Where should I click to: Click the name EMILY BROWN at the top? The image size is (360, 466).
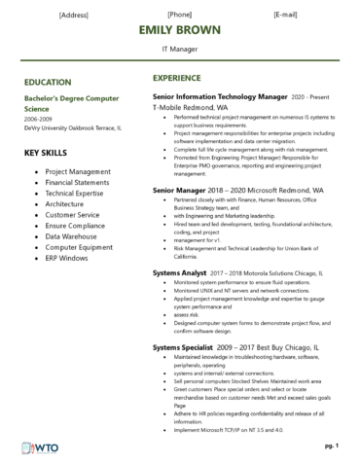coord(180,29)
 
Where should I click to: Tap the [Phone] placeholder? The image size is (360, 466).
coord(180,15)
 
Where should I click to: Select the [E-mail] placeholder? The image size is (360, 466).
coord(285,15)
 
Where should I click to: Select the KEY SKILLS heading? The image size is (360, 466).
coord(47,153)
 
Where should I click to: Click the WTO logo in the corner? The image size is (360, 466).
coord(35,448)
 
